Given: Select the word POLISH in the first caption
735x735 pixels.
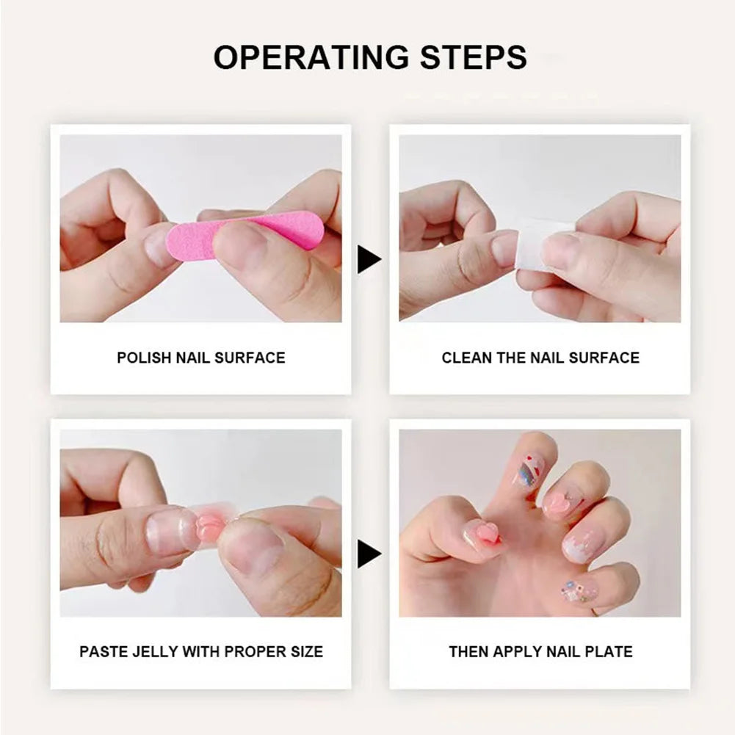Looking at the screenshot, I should point(144,358).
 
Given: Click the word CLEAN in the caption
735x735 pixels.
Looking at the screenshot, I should point(465,358).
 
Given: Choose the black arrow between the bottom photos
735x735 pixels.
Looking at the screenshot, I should point(369,554).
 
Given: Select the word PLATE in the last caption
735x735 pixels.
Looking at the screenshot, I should point(611,651).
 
